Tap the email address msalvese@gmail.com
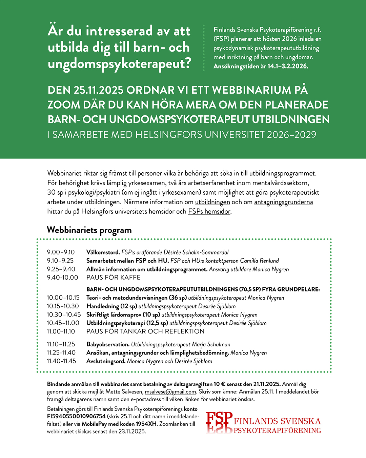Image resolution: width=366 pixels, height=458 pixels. point(170,392)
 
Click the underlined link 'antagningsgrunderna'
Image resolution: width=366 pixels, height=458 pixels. point(283,202)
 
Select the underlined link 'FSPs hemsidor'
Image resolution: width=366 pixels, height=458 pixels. point(209,211)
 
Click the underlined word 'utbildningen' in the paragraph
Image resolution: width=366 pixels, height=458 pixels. point(212,202)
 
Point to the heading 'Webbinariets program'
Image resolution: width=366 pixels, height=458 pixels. point(89,230)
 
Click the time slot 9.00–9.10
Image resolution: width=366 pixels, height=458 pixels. point(61,252)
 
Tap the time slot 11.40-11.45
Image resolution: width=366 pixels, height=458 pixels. point(61,361)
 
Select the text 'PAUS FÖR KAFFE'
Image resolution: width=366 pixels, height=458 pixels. point(114,278)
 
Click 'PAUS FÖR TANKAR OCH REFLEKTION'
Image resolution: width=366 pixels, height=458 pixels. point(145,331)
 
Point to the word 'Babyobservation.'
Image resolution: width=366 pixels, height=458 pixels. point(108,344)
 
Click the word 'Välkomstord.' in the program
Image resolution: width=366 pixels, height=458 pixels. point(103,252)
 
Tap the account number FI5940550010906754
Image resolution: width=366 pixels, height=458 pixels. point(76,416)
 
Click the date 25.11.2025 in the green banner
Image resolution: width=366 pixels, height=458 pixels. point(98,90)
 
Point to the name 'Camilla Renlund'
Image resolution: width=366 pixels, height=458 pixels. point(259,261)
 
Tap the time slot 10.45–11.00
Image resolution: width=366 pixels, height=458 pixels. point(63,323)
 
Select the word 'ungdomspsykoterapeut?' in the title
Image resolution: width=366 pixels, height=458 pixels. point(120,63)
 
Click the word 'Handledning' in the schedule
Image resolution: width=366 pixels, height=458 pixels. point(103,306)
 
